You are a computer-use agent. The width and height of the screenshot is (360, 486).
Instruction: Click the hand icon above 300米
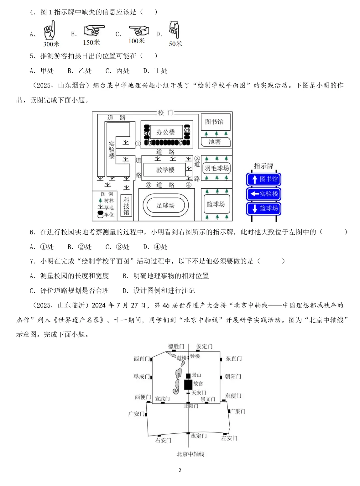(x=49, y=30)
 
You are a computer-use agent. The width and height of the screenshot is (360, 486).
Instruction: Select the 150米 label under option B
(x=91, y=42)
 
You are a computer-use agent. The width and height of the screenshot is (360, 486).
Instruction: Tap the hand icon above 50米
(x=174, y=30)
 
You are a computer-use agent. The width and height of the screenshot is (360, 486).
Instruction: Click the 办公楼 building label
(x=166, y=132)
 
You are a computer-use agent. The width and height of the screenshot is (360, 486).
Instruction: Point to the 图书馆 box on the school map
(x=214, y=122)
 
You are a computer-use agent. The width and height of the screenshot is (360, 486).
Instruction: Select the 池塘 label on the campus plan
(x=215, y=142)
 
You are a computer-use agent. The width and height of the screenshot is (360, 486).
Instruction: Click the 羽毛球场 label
(x=217, y=168)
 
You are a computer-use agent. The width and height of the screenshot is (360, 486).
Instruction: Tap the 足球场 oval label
(x=166, y=205)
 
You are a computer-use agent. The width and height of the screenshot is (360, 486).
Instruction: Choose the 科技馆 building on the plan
(x=126, y=206)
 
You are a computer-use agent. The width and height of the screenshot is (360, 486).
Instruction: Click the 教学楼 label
(x=166, y=170)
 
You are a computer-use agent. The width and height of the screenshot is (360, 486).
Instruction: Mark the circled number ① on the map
(x=138, y=144)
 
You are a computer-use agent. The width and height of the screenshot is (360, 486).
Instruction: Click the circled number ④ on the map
(x=189, y=185)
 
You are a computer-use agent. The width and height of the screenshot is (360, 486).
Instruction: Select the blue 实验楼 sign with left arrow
(x=264, y=194)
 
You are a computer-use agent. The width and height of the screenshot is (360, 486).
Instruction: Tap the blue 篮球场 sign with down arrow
(x=264, y=208)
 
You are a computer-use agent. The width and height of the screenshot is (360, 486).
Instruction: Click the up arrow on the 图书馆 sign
(x=255, y=179)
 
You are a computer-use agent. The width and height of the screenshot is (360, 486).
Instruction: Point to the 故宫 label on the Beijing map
(x=198, y=384)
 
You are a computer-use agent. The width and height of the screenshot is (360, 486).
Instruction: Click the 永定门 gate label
(x=199, y=436)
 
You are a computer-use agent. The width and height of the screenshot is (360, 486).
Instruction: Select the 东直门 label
(x=233, y=359)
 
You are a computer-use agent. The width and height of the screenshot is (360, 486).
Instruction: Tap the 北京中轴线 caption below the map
(x=190, y=454)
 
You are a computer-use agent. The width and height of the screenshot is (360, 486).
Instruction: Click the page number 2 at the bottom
(x=180, y=470)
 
